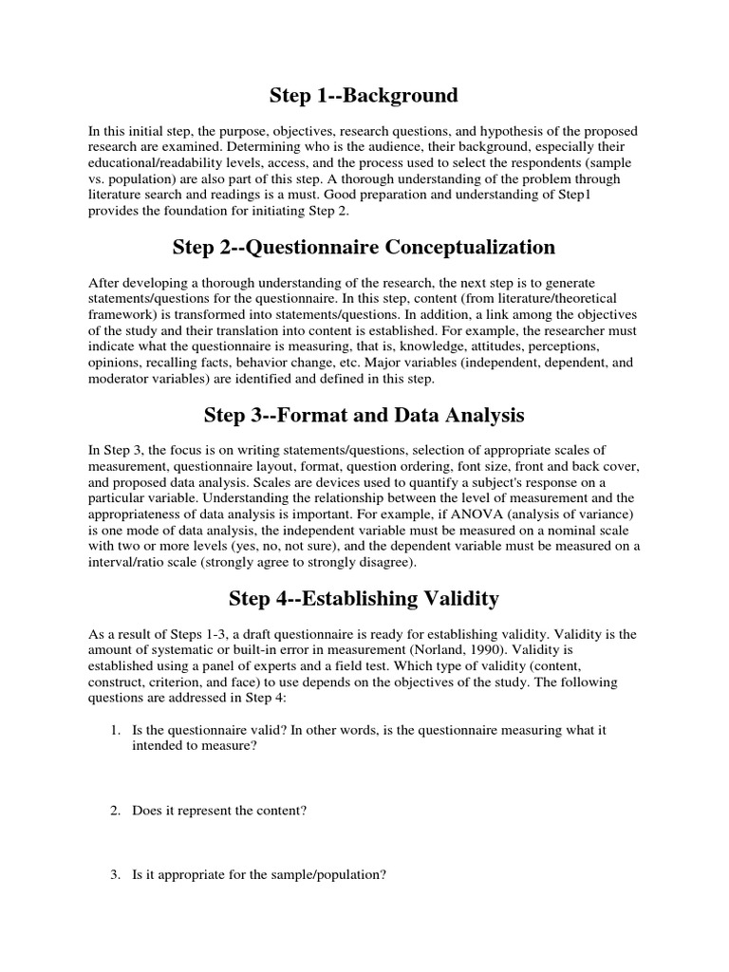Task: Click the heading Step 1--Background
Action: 364,95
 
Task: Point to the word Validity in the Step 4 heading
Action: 454,598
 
